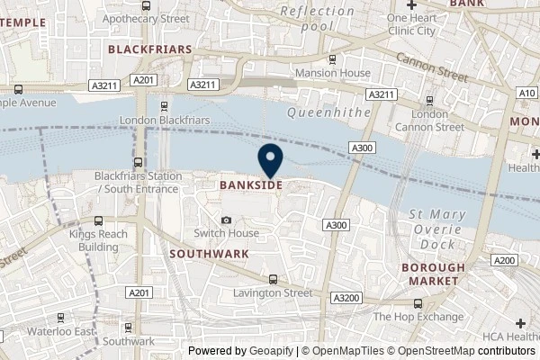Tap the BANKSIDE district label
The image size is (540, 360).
pyautogui.click(x=252, y=184)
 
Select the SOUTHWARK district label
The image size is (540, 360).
pyautogui.click(x=209, y=254)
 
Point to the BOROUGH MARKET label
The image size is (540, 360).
pyautogui.click(x=433, y=274)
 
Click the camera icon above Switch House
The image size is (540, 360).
pyautogui.click(x=226, y=220)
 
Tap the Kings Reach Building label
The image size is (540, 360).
pyautogui.click(x=99, y=239)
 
